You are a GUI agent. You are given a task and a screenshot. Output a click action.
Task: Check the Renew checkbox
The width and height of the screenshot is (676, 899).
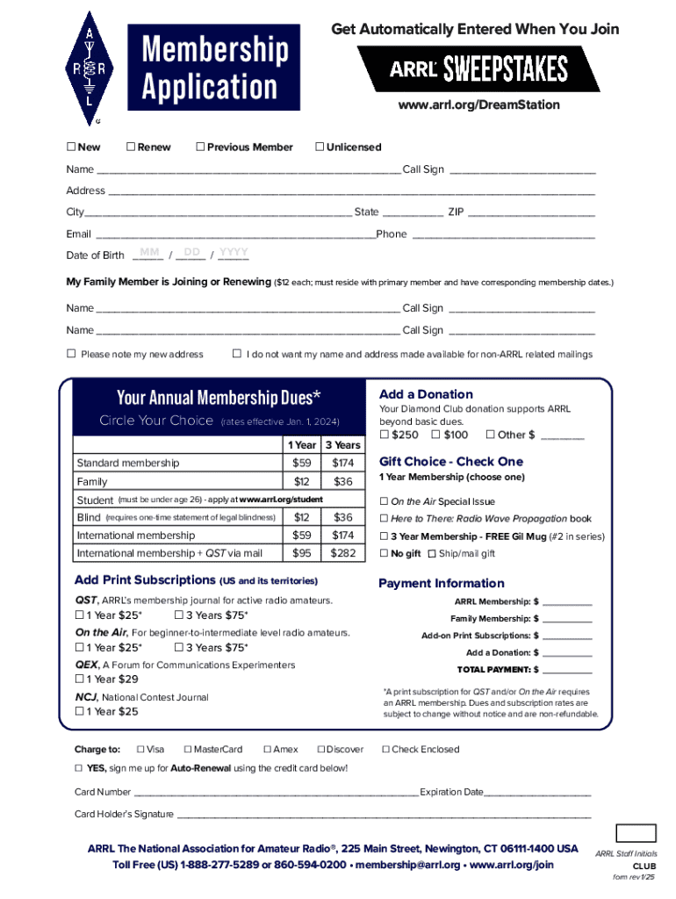click(131, 147)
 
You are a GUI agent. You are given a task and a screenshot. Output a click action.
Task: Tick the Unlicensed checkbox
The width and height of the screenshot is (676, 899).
click(320, 147)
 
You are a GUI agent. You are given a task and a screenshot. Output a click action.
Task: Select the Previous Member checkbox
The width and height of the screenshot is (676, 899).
click(200, 147)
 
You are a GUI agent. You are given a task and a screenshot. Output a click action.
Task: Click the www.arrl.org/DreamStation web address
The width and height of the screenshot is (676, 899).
click(478, 104)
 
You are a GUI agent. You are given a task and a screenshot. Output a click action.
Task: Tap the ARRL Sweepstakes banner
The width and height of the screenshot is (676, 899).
click(478, 69)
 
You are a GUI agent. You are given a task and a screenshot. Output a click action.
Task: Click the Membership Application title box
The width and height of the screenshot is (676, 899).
click(210, 68)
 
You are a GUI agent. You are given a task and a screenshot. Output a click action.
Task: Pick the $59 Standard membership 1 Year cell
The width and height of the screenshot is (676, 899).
click(302, 463)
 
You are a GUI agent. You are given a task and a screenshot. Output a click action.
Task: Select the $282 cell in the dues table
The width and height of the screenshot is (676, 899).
click(342, 553)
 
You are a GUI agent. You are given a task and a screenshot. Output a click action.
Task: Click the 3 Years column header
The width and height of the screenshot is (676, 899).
click(342, 445)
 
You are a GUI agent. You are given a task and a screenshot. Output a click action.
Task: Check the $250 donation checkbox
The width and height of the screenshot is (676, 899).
click(385, 435)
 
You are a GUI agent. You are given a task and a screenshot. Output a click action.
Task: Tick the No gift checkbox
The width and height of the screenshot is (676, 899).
click(384, 553)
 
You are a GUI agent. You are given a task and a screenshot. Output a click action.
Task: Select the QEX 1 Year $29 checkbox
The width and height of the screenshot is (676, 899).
click(80, 680)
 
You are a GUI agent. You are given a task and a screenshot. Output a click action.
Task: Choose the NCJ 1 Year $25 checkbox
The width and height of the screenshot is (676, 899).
click(80, 712)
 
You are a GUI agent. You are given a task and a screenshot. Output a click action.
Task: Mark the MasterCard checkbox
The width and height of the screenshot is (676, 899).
click(188, 750)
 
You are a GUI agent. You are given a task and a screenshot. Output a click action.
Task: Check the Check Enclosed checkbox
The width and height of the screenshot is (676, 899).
click(385, 750)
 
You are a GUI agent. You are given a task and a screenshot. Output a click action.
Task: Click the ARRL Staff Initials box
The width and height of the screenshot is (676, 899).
click(636, 834)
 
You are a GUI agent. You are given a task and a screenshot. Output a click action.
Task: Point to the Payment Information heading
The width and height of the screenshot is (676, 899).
click(441, 583)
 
